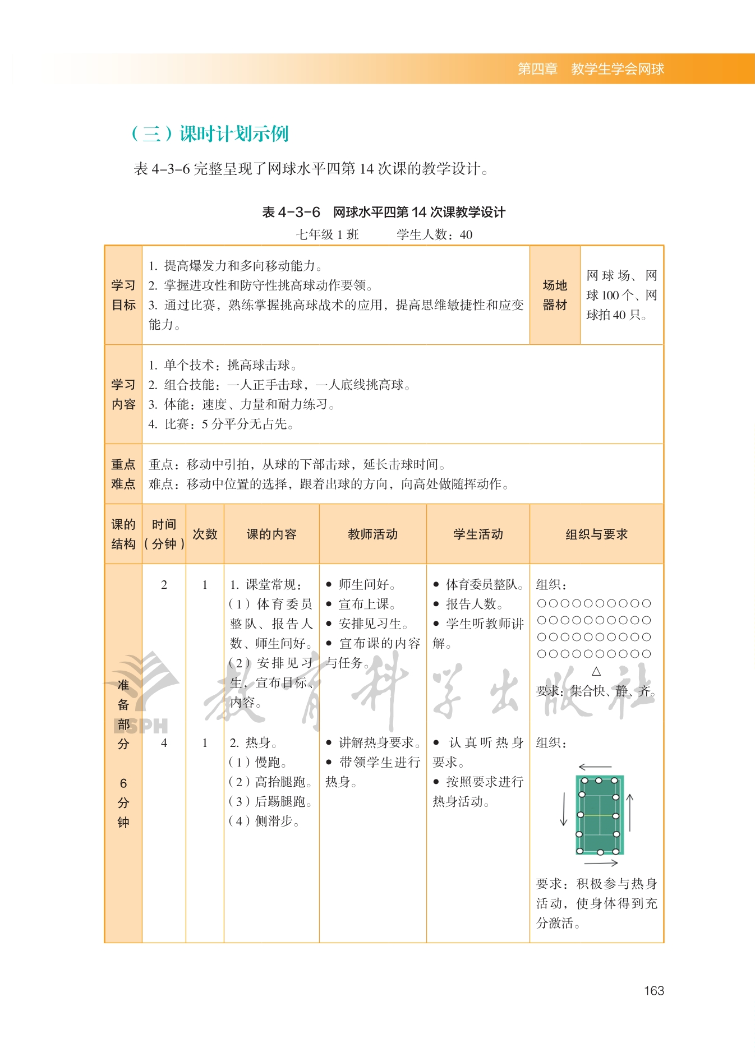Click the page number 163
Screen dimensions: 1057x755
[x=653, y=991]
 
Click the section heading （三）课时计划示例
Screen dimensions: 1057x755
[x=209, y=133]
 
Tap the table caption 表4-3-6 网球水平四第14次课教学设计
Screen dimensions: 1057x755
[x=384, y=212]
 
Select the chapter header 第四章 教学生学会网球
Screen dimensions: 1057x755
[x=590, y=69]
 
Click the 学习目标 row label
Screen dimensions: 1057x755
[x=123, y=295]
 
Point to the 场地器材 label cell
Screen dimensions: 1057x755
[x=555, y=295]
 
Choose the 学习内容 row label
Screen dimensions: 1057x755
[x=123, y=394]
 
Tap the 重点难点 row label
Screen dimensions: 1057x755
[x=123, y=474]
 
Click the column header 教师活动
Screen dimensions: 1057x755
[x=372, y=534]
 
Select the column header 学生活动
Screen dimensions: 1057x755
[x=478, y=534]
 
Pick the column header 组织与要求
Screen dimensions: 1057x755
[x=596, y=534]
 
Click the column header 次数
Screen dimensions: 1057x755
[x=205, y=534]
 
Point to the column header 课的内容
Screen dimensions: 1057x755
[x=271, y=534]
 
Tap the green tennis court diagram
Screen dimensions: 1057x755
[x=599, y=815]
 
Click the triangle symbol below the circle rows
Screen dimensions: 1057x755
[x=596, y=671]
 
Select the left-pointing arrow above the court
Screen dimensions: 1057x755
[x=595, y=767]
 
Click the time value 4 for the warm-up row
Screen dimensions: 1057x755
[x=164, y=742]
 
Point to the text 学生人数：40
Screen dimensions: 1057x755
[x=434, y=234]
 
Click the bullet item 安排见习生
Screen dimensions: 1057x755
[x=372, y=624]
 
